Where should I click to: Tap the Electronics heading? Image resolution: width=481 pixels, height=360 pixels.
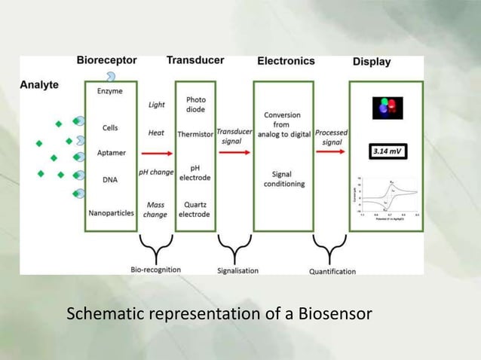(x=286, y=61)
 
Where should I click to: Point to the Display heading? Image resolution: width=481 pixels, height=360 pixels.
(x=372, y=62)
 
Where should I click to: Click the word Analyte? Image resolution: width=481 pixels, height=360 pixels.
(x=39, y=85)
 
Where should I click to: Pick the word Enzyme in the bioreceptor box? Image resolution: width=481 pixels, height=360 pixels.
(x=110, y=91)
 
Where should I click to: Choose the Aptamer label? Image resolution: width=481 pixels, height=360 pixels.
(x=110, y=153)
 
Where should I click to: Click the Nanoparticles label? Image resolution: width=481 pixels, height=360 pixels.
(x=111, y=213)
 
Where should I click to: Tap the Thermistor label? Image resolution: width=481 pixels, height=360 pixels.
(x=195, y=133)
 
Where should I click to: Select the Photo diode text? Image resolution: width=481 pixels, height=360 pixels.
(x=195, y=104)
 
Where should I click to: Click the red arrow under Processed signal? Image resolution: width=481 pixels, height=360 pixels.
(x=330, y=152)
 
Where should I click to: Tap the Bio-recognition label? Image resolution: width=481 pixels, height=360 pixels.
(x=156, y=269)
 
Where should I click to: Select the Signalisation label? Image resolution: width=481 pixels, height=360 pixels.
(x=237, y=270)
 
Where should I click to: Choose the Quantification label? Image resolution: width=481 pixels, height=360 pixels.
(x=332, y=271)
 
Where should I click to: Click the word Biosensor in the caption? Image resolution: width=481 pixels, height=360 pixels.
(x=334, y=313)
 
